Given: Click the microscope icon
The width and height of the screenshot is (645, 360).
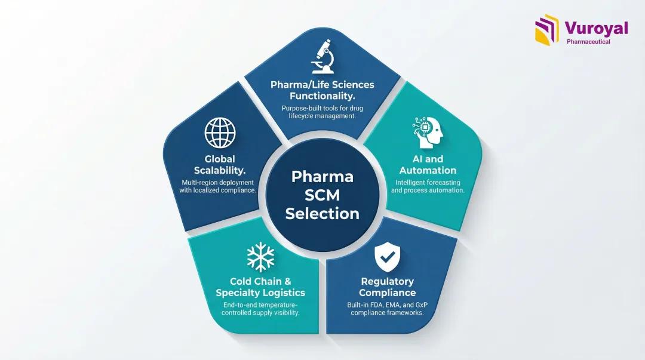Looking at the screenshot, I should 322,57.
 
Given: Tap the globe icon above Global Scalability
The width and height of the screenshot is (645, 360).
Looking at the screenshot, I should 220,133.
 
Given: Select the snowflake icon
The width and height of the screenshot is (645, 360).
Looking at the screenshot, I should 260,257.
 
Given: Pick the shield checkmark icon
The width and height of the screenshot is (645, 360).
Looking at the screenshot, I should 387,257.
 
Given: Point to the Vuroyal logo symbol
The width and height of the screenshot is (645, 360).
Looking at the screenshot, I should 547,30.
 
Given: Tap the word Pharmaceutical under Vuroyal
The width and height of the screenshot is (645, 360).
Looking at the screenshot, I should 588,42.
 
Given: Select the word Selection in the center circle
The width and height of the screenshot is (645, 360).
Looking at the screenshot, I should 322,213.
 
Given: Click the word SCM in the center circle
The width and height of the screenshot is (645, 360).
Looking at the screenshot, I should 322,195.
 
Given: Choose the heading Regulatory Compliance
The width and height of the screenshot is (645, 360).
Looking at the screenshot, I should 387,287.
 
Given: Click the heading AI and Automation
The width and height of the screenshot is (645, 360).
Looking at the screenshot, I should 428,164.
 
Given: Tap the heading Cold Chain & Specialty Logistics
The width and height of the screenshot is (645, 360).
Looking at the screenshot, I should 260,287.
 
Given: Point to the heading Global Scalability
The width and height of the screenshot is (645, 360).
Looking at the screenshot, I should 220,165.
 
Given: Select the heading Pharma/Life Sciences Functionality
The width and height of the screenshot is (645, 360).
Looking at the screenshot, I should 322,90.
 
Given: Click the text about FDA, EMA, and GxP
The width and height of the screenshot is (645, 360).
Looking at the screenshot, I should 387,309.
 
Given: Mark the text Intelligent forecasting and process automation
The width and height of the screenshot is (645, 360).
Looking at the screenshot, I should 428,186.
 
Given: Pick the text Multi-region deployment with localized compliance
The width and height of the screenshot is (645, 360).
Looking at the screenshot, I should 218,186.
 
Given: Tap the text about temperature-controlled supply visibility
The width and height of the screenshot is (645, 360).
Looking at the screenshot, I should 260,309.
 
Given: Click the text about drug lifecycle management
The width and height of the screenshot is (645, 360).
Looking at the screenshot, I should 322,112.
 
